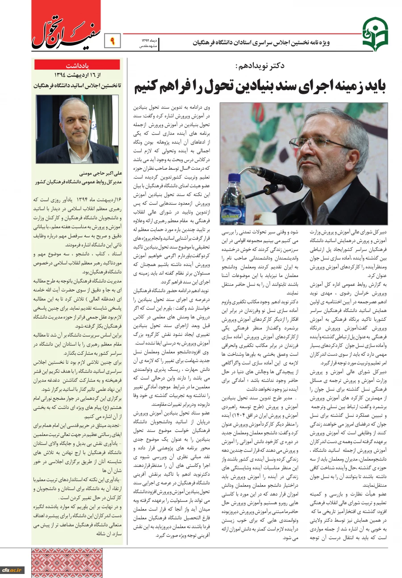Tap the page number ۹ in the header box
pyautogui.click(x=112, y=42)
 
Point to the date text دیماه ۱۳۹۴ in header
pyautogui.click(x=146, y=41)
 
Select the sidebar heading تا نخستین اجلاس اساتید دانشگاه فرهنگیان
pyautogui.click(x=77, y=85)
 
